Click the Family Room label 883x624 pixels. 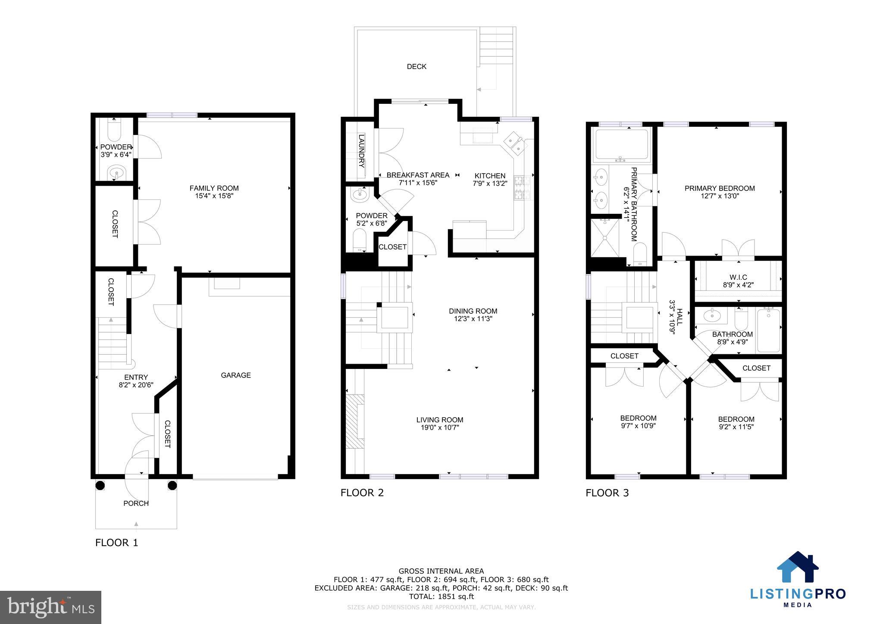(x=214, y=188)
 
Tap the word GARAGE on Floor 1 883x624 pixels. (x=235, y=375)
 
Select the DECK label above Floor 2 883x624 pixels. (x=416, y=66)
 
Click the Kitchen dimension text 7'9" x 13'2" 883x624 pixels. (x=490, y=183)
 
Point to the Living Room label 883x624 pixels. (x=439, y=420)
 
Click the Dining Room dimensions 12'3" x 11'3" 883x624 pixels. (x=473, y=319)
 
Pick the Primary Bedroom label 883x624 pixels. (x=719, y=188)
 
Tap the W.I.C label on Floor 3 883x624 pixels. (x=738, y=277)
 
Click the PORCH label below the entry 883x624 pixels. (x=136, y=503)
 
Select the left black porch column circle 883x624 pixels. (x=100, y=486)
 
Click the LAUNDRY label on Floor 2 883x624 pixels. (x=361, y=151)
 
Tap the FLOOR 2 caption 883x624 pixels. (x=362, y=493)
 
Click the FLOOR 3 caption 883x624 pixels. (x=607, y=493)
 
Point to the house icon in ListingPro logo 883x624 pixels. (x=797, y=568)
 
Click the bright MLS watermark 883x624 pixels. (x=50, y=607)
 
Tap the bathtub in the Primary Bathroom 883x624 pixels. (x=621, y=145)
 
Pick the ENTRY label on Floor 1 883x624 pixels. (x=136, y=377)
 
